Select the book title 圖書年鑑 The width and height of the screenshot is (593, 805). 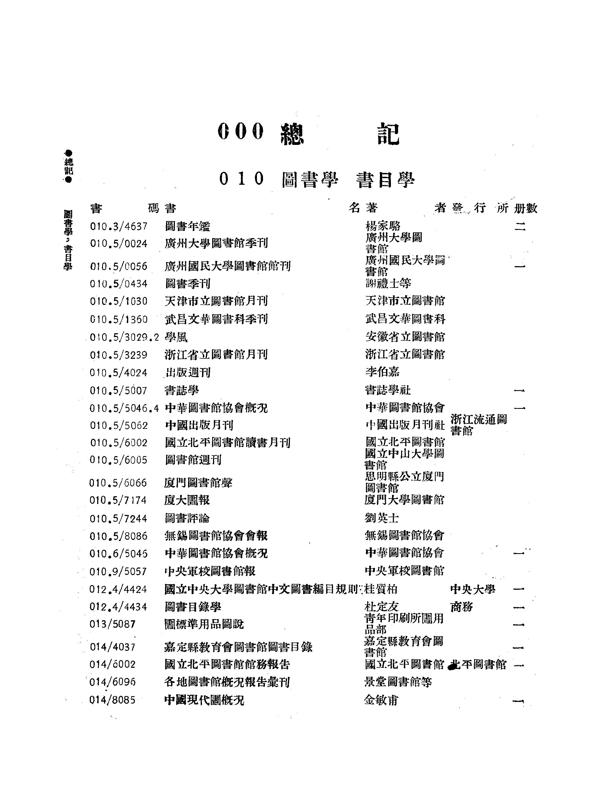(x=188, y=227)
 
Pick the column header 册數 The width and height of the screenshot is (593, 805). (x=525, y=208)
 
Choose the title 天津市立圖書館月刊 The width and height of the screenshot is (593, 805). (x=216, y=301)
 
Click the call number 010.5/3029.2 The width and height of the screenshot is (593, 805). (x=124, y=337)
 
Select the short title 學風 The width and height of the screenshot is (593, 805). (x=176, y=337)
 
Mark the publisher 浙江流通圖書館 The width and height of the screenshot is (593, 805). (x=478, y=425)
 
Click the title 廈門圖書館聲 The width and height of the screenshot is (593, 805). (x=198, y=483)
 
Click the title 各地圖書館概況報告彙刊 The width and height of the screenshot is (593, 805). (x=227, y=682)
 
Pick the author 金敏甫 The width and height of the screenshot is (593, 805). (x=381, y=700)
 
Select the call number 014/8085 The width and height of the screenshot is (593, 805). (x=112, y=700)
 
